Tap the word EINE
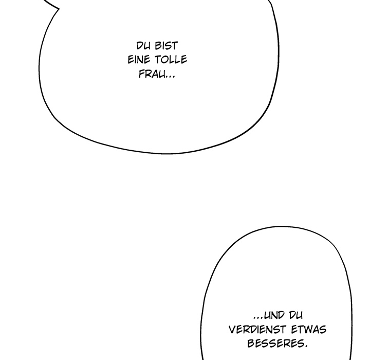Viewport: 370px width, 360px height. [139, 60]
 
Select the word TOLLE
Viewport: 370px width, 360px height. [171, 60]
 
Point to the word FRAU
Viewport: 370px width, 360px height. [152, 74]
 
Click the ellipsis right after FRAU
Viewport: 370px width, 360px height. [170, 77]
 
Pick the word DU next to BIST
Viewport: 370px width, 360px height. [143, 46]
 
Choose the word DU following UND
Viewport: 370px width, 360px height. [295, 315]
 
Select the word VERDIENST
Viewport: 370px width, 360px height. [257, 330]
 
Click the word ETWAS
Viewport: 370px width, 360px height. [309, 330]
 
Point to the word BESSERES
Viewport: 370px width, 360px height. [275, 344]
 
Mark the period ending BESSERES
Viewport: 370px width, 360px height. [306, 347]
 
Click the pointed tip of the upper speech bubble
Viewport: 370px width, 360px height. [59, 9]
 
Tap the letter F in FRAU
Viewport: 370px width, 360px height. [142, 74]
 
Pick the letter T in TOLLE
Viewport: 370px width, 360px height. [158, 60]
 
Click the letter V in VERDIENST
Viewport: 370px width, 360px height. [232, 330]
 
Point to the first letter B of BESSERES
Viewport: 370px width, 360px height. [251, 344]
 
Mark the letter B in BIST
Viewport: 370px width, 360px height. [158, 46]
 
